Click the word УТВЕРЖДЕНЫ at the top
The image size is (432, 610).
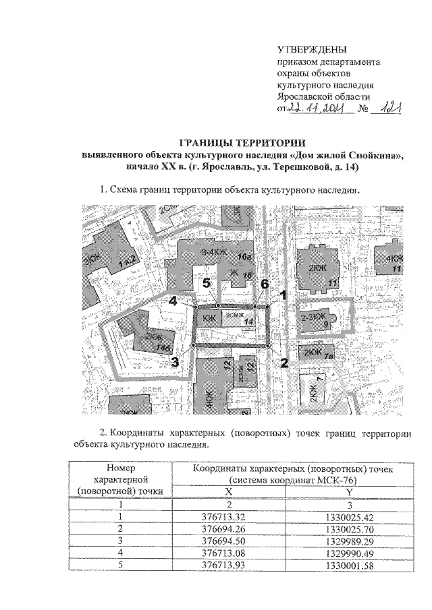[313, 50]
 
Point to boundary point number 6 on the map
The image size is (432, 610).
[254, 307]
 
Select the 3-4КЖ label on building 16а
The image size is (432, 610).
[214, 253]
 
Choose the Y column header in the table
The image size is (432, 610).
[349, 491]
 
